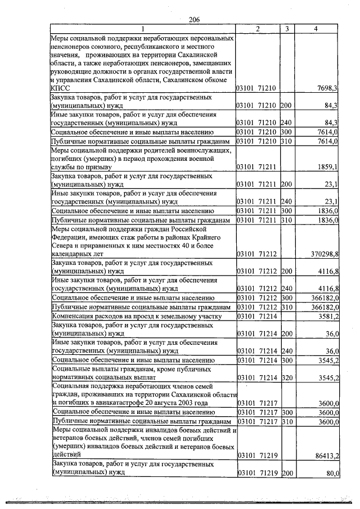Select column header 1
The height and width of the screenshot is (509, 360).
143,29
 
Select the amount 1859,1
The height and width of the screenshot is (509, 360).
327,167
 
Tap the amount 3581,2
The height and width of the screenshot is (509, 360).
327,316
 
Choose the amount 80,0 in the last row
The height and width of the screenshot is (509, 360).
331,474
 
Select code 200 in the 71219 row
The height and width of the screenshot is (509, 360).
287,474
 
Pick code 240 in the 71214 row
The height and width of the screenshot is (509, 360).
287,351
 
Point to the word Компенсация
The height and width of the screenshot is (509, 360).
73,316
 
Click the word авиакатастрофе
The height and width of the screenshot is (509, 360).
125,403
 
